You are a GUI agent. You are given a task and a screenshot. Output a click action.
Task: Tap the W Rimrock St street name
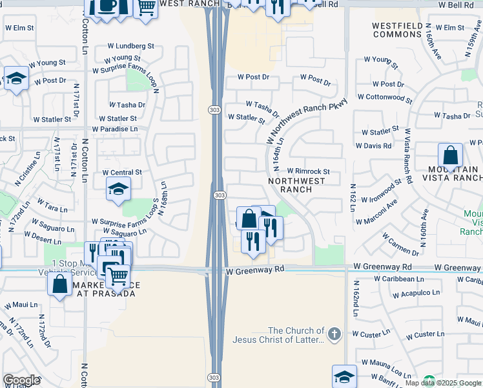point(309,171)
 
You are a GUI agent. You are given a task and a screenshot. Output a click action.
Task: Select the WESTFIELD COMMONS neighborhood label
point(398,30)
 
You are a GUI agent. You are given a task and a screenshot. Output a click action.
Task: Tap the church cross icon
point(334,334)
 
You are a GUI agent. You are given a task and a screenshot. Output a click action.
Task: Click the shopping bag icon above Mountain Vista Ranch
point(450,156)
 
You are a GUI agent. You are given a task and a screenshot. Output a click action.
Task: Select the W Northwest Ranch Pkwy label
point(307,122)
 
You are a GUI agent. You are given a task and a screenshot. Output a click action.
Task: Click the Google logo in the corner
point(21,380)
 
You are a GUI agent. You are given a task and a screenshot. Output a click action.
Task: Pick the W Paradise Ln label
point(115,129)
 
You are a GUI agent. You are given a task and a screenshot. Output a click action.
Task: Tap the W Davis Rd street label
point(374,146)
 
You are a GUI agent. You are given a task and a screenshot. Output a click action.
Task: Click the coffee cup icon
point(107,6)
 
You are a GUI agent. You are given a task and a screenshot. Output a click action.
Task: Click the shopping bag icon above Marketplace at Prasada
point(59,284)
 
